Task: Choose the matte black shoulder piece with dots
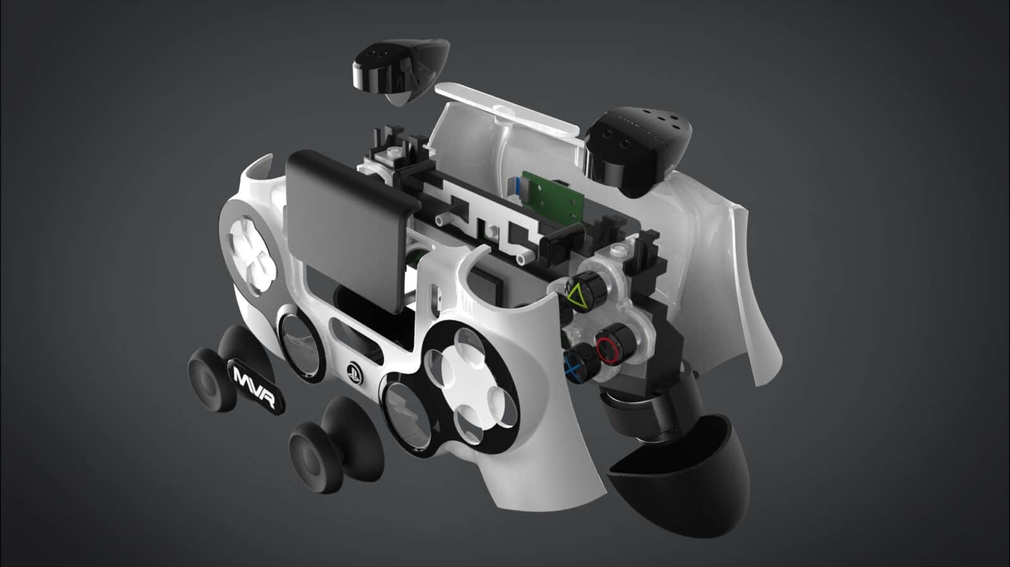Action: (638, 148)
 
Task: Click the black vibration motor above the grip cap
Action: (638, 410)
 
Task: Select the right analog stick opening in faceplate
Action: (404, 410)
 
